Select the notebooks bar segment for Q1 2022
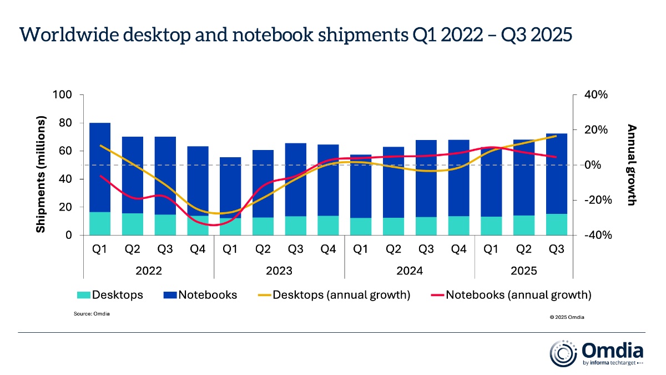99,167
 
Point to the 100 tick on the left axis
62,95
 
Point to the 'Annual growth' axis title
631,165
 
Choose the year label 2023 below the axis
279,271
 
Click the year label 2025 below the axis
523,271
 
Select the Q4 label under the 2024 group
458,250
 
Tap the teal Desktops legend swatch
82,295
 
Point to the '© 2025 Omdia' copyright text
567,317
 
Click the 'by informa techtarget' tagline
612,363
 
